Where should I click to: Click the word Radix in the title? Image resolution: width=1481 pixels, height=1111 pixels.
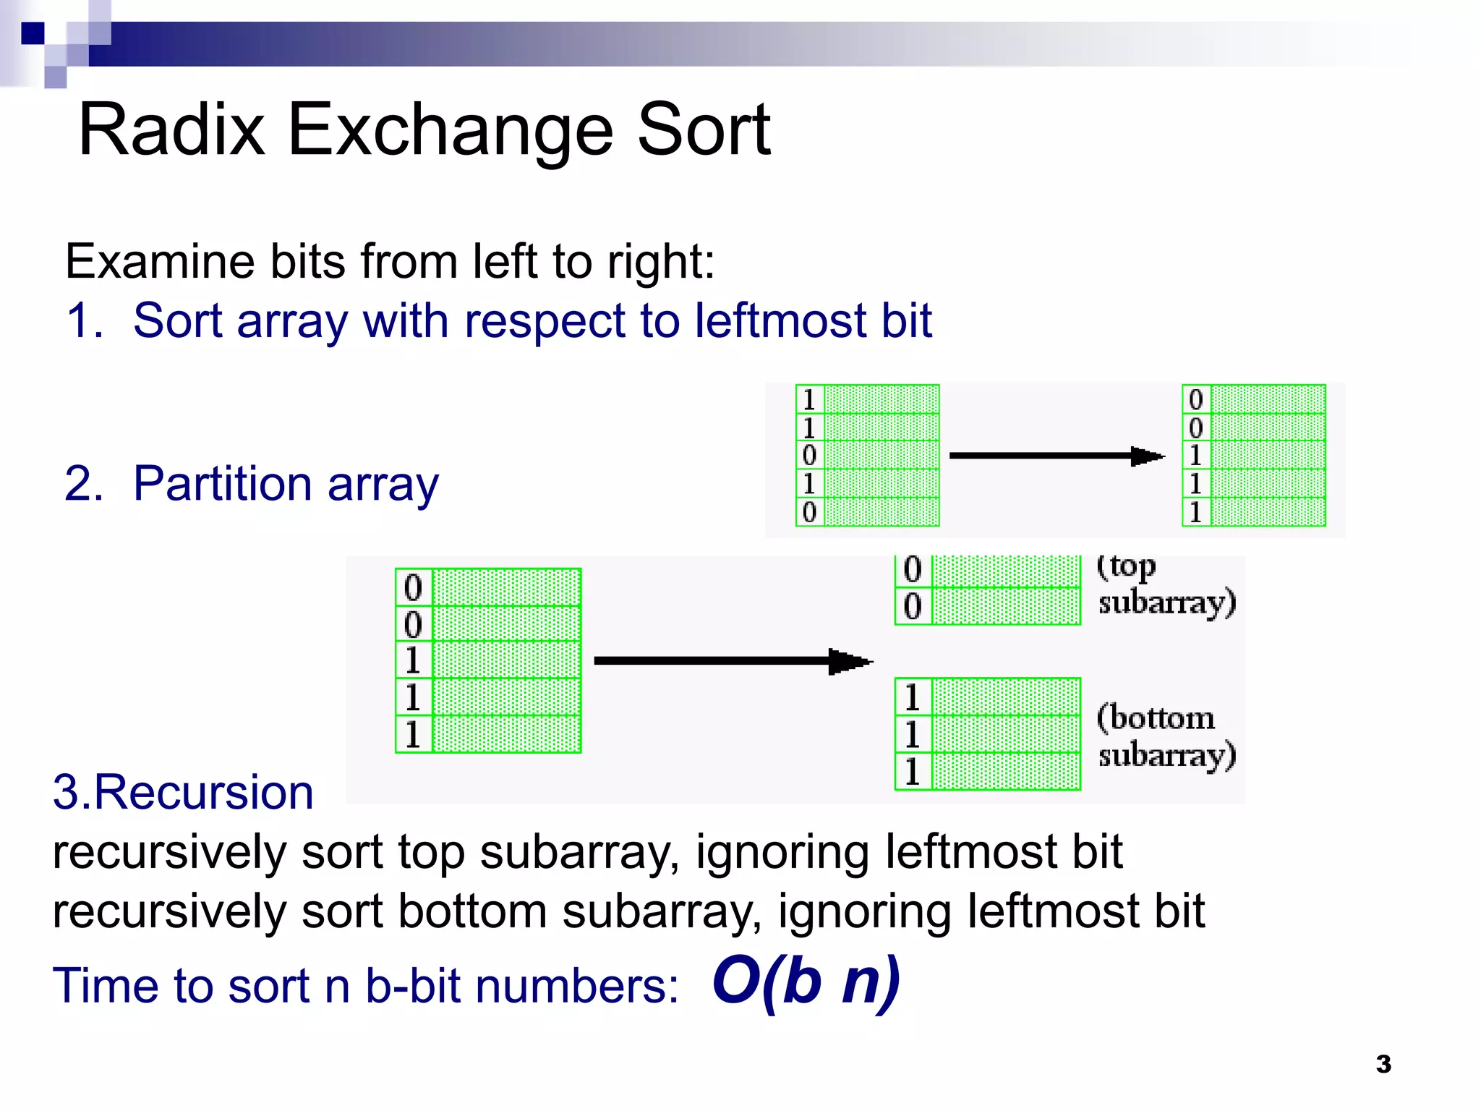pos(171,130)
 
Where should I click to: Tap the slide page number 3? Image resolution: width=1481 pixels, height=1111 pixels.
pos(1383,1064)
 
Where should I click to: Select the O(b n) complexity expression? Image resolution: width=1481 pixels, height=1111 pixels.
pos(806,983)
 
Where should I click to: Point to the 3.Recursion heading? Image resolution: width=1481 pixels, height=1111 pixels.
pos(183,793)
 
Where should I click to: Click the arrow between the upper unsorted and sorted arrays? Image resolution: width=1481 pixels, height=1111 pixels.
pos(1056,456)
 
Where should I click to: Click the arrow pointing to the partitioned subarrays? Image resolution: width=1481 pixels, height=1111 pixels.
pos(732,660)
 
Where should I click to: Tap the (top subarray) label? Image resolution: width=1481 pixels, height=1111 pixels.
pos(1165,584)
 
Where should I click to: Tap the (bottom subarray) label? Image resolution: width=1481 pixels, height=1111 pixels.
pos(1165,736)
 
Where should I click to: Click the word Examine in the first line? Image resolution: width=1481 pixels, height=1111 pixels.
pos(159,262)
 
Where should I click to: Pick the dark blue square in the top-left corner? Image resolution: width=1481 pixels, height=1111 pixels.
pos(33,33)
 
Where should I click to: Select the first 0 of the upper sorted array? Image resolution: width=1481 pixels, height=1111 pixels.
pos(1195,399)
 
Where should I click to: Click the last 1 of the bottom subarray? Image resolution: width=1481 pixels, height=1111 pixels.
pos(912,771)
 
